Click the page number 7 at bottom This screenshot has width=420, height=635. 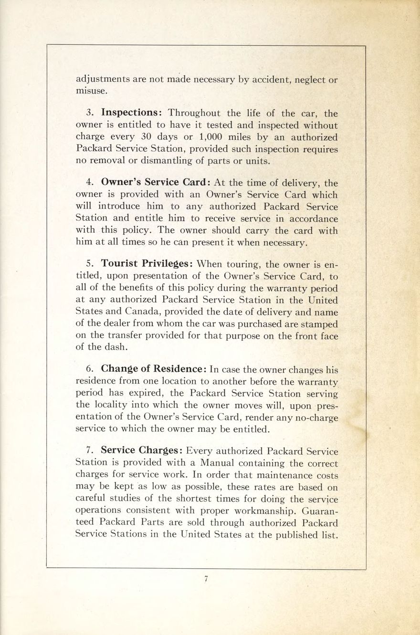pos(206,579)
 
